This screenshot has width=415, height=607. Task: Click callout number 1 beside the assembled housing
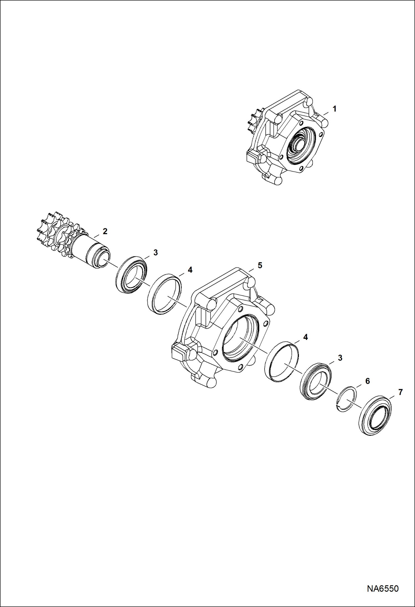[334, 109]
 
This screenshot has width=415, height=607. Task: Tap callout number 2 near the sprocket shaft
[105, 231]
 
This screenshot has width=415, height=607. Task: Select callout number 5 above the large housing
[260, 265]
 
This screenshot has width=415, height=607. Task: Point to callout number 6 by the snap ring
[367, 381]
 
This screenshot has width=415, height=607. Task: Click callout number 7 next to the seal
[400, 392]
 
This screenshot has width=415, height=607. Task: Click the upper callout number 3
[155, 252]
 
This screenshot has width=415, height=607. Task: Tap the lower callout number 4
[306, 337]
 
